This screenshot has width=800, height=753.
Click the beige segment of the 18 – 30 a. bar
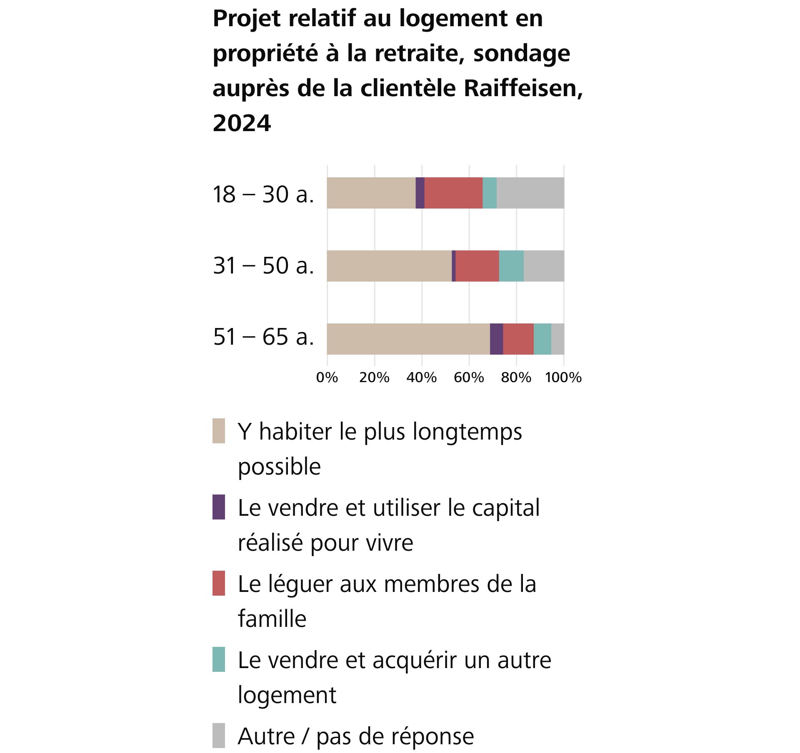point(371,193)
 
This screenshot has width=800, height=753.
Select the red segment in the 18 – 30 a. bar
point(453,193)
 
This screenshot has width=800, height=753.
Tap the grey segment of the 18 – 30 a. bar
point(530,193)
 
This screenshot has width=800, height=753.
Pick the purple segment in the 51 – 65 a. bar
point(496,339)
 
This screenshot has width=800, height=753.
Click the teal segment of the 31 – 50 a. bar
point(511,266)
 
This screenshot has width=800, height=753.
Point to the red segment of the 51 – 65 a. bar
point(518,339)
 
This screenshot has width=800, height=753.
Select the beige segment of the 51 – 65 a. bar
point(408,339)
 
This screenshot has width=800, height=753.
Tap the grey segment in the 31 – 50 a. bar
point(544,266)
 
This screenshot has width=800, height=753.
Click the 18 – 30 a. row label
point(263,194)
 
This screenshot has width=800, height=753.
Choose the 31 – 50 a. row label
point(263,266)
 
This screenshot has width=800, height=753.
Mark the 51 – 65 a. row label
point(263,337)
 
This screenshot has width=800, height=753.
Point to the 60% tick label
point(469,378)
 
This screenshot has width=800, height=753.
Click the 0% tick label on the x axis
point(327,378)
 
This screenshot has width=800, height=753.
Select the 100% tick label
point(563,378)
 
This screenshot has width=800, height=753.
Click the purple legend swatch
point(219,507)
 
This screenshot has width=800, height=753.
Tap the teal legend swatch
point(219,659)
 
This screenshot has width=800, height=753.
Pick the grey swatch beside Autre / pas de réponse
point(219,736)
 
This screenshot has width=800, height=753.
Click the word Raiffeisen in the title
point(523,88)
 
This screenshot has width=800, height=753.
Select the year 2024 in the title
point(242,123)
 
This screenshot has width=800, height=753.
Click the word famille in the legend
point(272,619)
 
